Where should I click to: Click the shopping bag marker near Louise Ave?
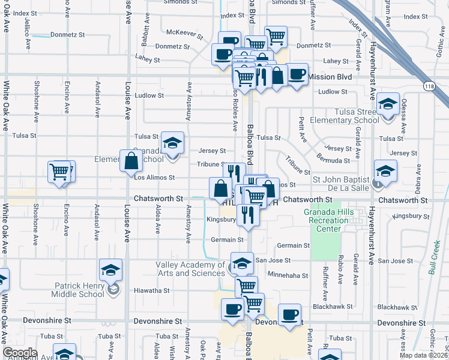pos(131,161)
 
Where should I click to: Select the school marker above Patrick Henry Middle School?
pos(111,270)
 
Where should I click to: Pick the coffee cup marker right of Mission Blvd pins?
pos(297,74)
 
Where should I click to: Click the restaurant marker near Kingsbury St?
pos(247,214)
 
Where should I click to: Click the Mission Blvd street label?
pos(331,77)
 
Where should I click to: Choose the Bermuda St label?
pos(334,161)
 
